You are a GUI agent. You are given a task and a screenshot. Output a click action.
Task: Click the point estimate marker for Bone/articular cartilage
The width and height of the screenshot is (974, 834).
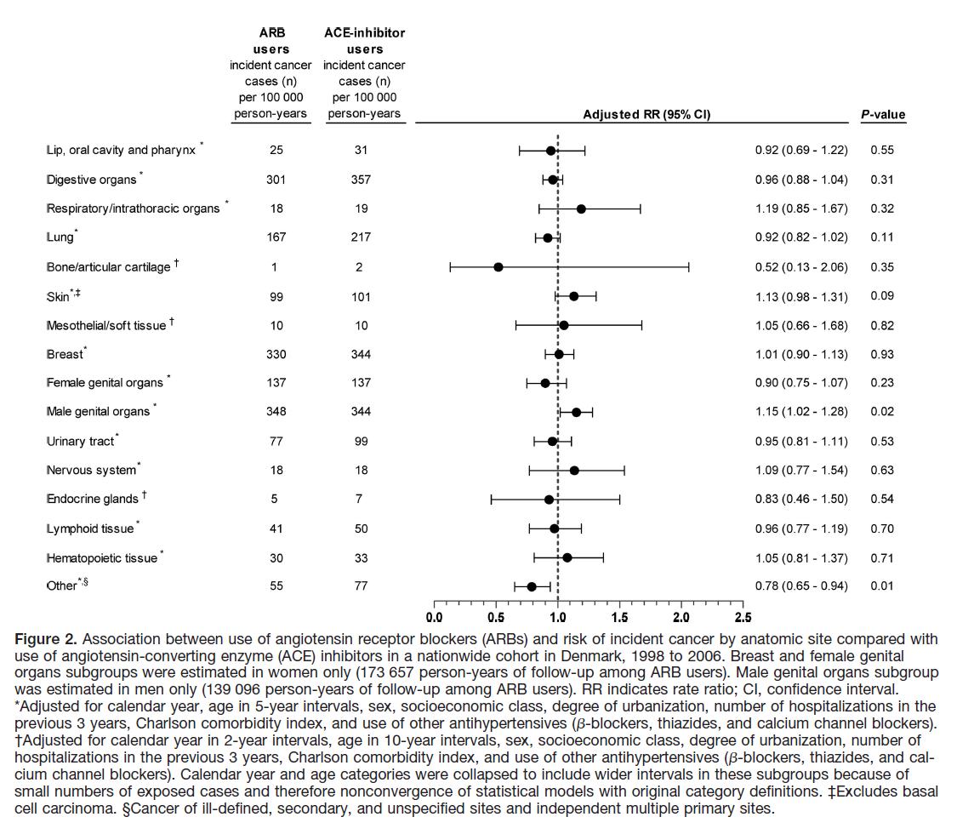[498, 267]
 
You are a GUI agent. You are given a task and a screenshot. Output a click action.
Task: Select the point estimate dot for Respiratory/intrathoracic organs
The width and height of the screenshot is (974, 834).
[581, 208]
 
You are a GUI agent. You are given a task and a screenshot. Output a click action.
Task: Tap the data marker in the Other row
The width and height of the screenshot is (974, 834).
[532, 586]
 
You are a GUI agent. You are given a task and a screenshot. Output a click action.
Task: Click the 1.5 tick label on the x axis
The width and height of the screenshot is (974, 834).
[619, 618]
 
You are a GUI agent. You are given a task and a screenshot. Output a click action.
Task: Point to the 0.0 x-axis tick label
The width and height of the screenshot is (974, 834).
[434, 618]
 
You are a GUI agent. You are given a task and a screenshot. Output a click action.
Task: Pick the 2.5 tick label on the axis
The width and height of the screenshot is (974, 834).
[743, 618]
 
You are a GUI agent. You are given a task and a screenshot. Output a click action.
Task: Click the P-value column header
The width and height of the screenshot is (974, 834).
[883, 114]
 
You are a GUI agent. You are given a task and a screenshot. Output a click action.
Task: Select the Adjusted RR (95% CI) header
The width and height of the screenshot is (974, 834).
[646, 114]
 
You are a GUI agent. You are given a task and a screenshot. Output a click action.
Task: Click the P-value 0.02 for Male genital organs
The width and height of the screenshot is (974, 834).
[882, 411]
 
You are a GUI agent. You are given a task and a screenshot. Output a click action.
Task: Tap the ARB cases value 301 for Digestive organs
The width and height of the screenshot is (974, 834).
[276, 180]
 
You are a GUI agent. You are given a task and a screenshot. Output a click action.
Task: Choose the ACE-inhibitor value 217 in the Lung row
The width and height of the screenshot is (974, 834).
[361, 237]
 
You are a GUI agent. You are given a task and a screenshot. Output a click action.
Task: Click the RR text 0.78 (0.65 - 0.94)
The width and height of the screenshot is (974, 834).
[801, 586]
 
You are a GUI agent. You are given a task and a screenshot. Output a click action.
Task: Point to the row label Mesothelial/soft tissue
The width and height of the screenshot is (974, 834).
[106, 325]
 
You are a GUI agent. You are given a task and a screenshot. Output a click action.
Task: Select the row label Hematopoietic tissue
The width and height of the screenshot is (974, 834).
[102, 558]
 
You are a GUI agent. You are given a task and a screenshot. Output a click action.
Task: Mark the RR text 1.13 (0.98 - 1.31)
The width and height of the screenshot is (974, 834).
[801, 296]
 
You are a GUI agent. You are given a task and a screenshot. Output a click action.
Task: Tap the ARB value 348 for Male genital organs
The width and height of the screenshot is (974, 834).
[276, 411]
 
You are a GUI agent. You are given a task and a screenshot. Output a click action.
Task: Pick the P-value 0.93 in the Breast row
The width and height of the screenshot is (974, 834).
[882, 354]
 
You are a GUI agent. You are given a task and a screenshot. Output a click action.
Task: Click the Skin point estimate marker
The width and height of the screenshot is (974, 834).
[573, 296]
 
